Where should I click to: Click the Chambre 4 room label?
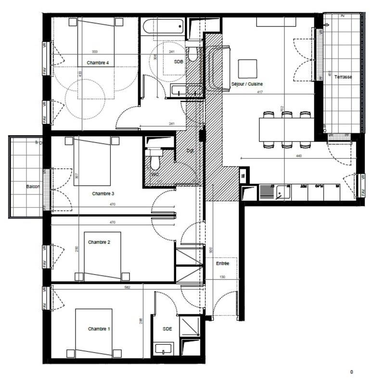pos(98,63)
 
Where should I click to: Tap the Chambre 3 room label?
pos(103,193)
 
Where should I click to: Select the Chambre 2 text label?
pos(99,242)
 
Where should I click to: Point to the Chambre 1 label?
pos(99,329)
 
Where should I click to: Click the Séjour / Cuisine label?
pos(247,84)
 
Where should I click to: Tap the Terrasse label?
pos(344,77)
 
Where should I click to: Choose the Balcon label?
pos(33,186)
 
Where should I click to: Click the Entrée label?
pos(222,264)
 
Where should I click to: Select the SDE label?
pos(167,329)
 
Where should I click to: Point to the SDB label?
pos(178,62)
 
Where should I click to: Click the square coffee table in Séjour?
pos(247,68)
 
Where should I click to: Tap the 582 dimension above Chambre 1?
pos(127,287)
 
